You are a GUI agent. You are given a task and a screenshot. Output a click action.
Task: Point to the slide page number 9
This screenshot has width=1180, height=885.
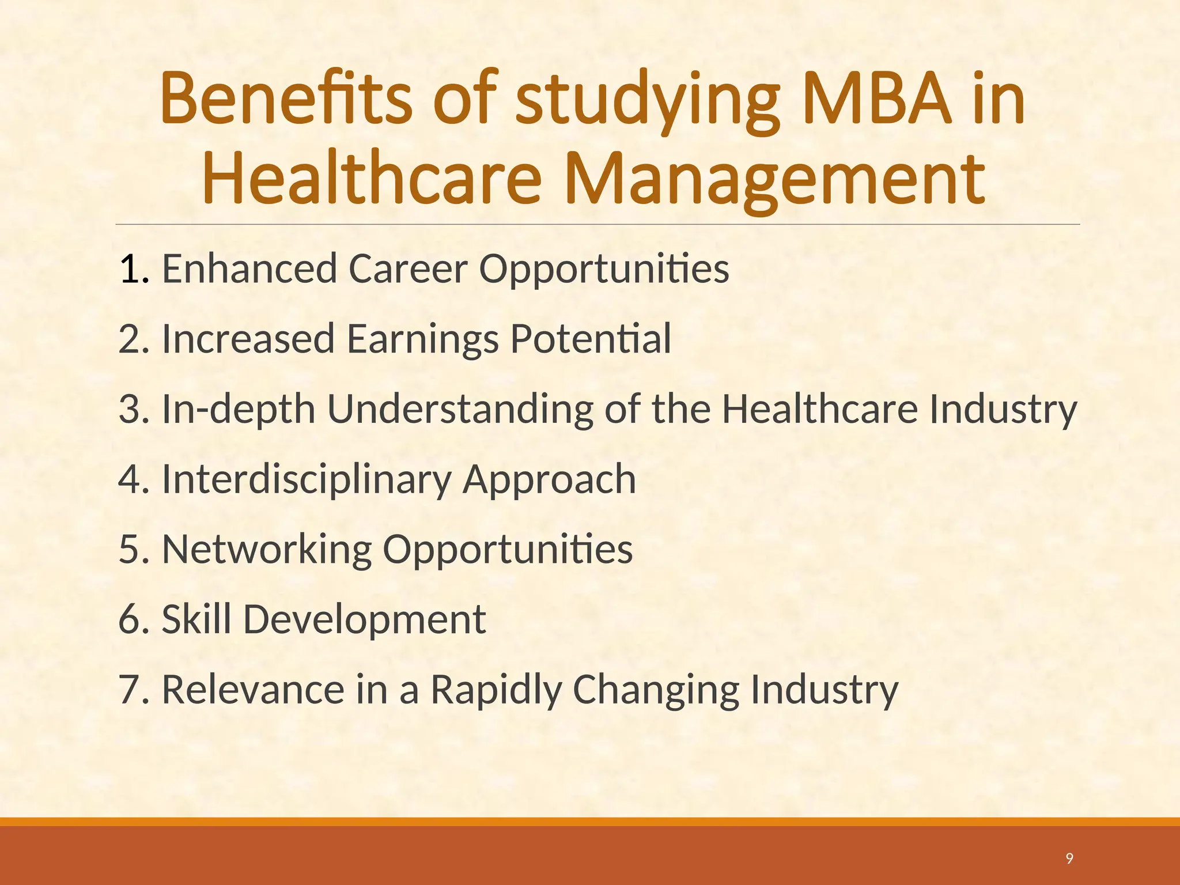1069,858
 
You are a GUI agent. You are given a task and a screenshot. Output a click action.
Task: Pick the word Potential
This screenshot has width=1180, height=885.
591,339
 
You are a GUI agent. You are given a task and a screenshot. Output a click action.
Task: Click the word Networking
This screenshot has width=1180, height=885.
267,550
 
